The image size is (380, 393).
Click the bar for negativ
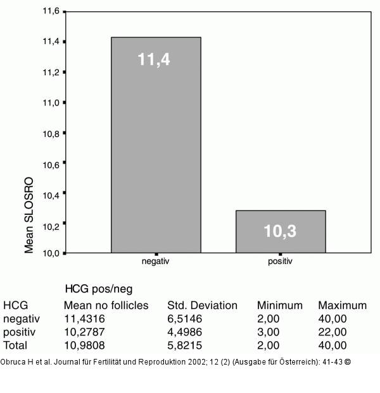point(156,145)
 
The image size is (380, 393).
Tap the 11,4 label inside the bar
point(154,60)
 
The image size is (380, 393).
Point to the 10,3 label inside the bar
point(280,231)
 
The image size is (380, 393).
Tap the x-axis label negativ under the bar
point(155,260)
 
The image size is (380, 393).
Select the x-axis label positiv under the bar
point(281,260)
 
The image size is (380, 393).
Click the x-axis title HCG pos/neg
point(99,289)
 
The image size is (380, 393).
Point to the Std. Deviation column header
point(202,305)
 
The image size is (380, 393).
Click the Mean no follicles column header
point(106,305)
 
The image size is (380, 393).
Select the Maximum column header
point(342,305)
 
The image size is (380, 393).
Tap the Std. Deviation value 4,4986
point(186,332)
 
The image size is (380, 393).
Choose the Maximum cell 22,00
point(332,332)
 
